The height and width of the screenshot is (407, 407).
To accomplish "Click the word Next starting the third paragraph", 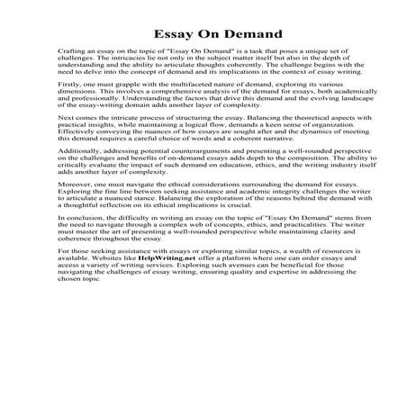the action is pyautogui.click(x=64, y=143).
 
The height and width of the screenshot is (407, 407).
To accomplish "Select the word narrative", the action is pyautogui.click(x=276, y=167).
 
